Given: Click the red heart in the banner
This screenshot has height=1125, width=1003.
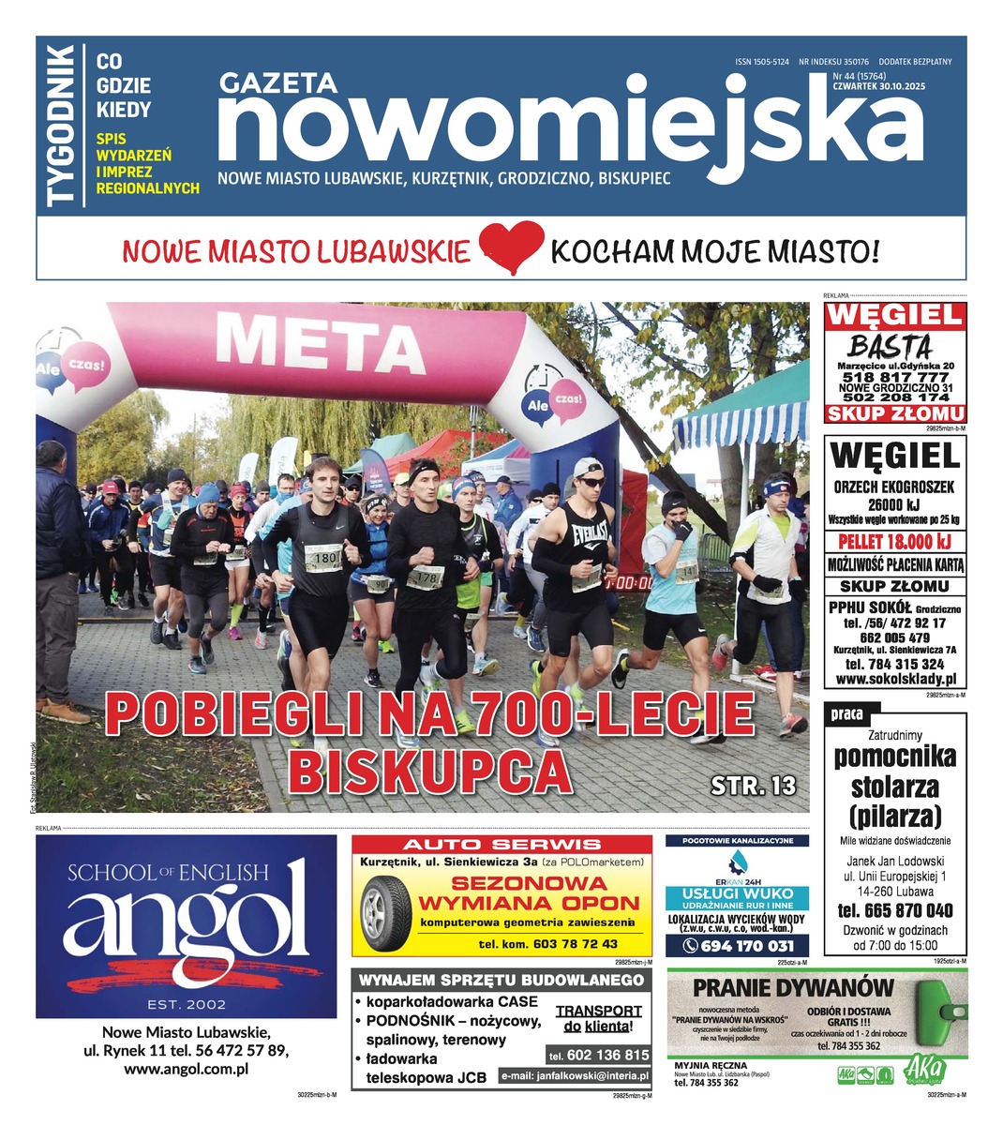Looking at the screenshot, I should point(511,247).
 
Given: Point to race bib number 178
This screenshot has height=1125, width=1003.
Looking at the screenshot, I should point(427,577).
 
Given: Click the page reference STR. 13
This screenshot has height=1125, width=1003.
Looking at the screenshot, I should point(752,785).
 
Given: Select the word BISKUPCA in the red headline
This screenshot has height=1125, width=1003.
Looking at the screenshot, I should point(430,771).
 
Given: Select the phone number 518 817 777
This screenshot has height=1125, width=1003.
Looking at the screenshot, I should point(895,376).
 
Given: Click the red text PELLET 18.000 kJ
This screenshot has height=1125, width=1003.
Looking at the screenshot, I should point(895,542).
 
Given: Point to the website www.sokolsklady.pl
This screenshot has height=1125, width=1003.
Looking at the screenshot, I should point(895,679).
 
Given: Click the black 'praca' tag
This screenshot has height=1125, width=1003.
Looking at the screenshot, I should point(846,714).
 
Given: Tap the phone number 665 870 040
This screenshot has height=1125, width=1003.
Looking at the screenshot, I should point(895,910).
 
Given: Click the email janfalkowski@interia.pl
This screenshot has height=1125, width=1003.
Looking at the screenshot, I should point(575,1076).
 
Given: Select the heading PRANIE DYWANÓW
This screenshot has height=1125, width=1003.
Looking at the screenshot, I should point(794,988).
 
